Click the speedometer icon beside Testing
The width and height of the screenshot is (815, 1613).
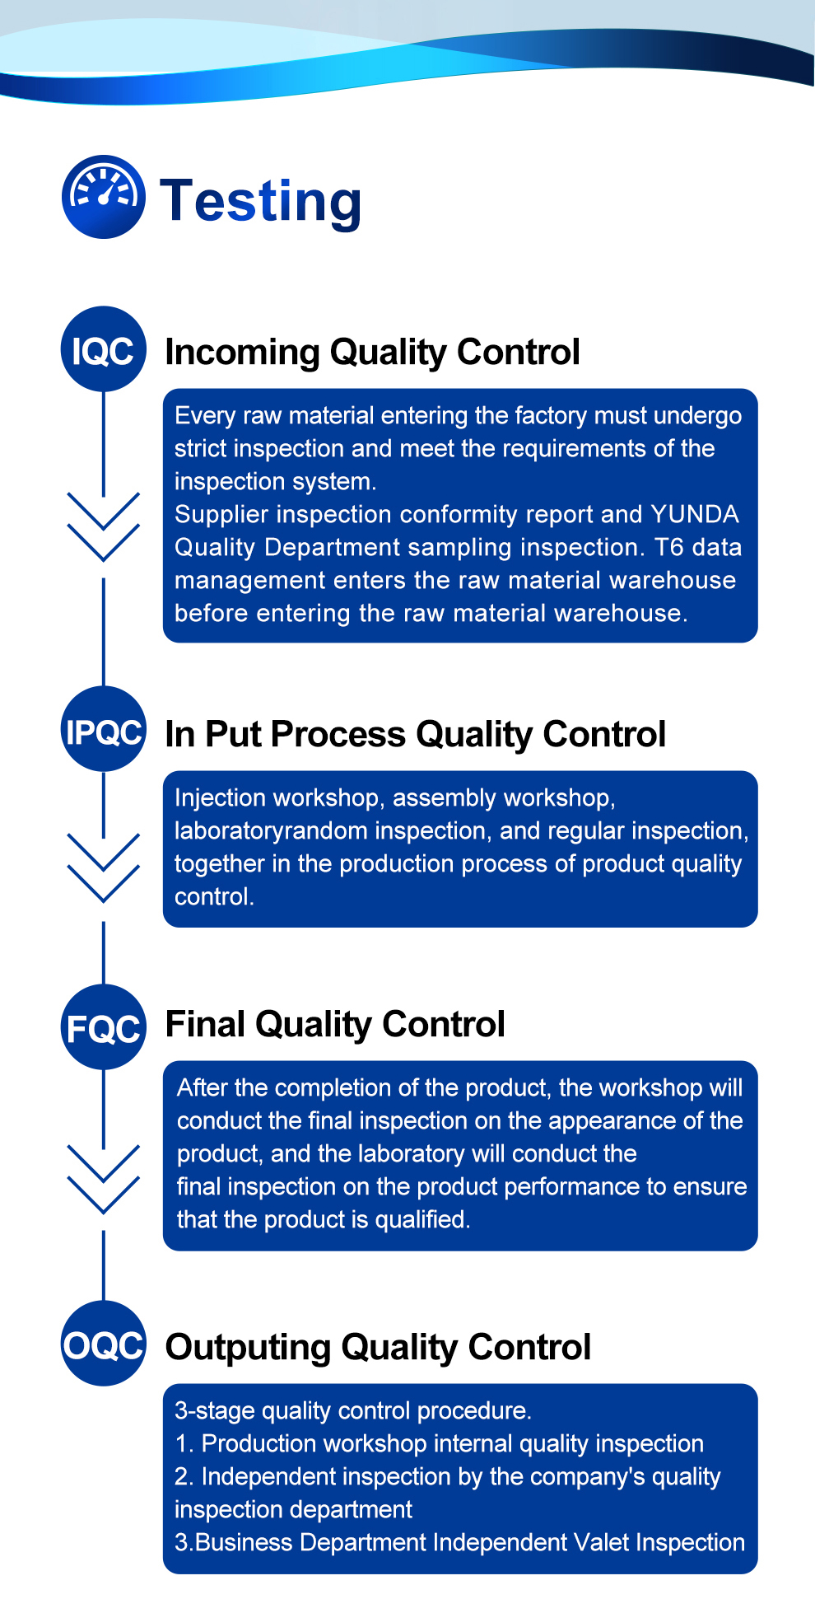click(104, 197)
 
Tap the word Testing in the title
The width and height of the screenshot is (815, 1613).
click(261, 201)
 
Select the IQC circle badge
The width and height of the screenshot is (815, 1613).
click(104, 350)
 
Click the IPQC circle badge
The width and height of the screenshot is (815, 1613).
click(104, 731)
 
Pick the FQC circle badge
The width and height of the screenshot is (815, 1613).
click(104, 1028)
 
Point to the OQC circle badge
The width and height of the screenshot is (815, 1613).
click(104, 1345)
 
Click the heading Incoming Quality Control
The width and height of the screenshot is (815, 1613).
click(372, 352)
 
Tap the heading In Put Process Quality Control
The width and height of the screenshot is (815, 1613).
click(415, 734)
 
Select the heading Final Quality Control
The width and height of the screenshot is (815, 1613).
click(335, 1024)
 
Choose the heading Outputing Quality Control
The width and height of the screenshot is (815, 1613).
click(378, 1348)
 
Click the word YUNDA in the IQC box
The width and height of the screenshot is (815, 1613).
click(694, 514)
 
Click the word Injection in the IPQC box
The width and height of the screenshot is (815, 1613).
click(220, 797)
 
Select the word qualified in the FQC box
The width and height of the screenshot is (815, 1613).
click(421, 1219)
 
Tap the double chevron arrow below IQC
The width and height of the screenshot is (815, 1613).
click(104, 527)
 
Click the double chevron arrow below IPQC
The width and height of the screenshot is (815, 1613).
click(104, 867)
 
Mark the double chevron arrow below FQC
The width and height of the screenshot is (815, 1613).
click(104, 1180)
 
